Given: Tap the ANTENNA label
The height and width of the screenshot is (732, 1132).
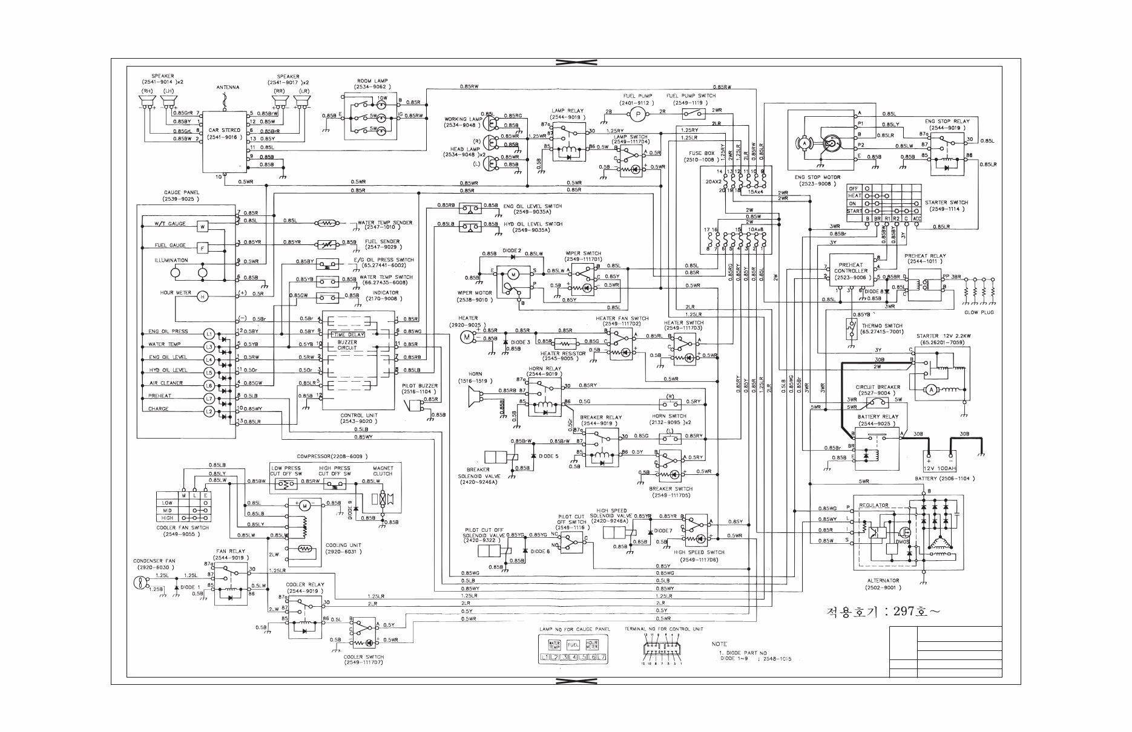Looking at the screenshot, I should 228,88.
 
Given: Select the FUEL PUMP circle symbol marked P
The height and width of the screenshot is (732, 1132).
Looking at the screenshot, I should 637,113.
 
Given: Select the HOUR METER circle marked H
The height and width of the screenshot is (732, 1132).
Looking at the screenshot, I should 203,296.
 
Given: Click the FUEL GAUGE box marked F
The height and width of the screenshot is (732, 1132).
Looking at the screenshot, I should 203,247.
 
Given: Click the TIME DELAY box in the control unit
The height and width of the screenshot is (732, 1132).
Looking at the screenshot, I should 347,335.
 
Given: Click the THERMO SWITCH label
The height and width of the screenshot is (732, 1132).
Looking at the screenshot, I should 881,325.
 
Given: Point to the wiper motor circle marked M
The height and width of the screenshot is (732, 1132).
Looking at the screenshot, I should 513,274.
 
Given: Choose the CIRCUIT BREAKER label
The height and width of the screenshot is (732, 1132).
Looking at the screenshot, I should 877,387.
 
